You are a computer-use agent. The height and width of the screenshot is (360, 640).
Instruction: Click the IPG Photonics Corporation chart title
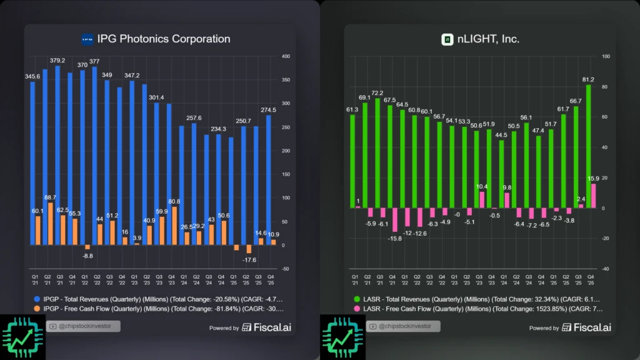pyautogui.click(x=164, y=39)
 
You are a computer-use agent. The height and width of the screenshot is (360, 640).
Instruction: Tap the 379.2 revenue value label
pyautogui.click(x=57, y=61)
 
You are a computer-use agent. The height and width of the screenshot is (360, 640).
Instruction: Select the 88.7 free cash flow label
pyautogui.click(x=51, y=197)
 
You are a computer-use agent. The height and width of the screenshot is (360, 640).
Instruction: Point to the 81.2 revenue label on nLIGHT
pyautogui.click(x=587, y=80)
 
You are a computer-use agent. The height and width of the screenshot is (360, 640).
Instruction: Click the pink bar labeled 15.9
pyautogui.click(x=593, y=196)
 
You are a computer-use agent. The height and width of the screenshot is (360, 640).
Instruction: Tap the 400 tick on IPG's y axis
pyautogui.click(x=286, y=56)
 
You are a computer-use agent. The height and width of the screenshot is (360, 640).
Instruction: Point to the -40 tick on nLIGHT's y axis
pyautogui.click(x=606, y=269)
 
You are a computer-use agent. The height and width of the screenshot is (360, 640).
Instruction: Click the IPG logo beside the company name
pyautogui.click(x=87, y=39)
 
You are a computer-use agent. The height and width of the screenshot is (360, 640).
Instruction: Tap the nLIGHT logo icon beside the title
pyautogui.click(x=447, y=39)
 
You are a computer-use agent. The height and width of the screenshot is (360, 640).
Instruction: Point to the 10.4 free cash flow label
pyautogui.click(x=482, y=186)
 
